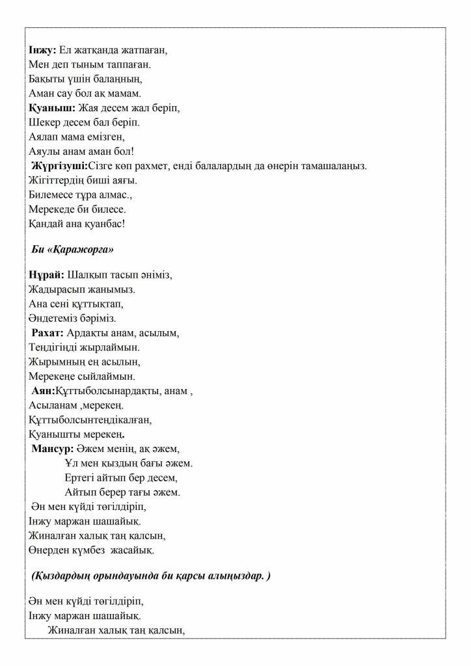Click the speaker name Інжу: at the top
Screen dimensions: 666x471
pos(43,50)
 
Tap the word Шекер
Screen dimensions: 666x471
pos(44,122)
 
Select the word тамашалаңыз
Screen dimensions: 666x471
pos(335,166)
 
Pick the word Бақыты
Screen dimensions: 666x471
pos(46,79)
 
